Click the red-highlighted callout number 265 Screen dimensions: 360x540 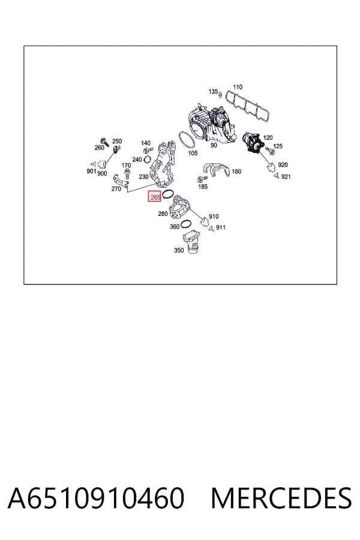coord(155,197)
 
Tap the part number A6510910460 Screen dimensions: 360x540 coord(96,498)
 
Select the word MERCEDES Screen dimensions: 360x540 coord(281,498)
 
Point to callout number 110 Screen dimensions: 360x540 coord(238,87)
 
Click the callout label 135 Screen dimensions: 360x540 coord(213,91)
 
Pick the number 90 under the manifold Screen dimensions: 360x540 coord(214,145)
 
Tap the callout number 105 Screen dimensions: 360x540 coord(193,153)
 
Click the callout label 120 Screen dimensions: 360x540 coord(268,137)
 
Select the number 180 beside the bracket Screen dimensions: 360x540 coord(236,172)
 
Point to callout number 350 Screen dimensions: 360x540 coord(179,250)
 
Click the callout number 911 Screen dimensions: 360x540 coord(221,227)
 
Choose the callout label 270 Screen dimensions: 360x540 coord(116,189)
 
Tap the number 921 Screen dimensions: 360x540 coord(286,176)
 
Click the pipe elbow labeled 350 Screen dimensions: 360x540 coord(191,242)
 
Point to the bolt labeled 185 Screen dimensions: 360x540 coord(201,179)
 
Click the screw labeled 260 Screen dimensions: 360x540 coord(103,141)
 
